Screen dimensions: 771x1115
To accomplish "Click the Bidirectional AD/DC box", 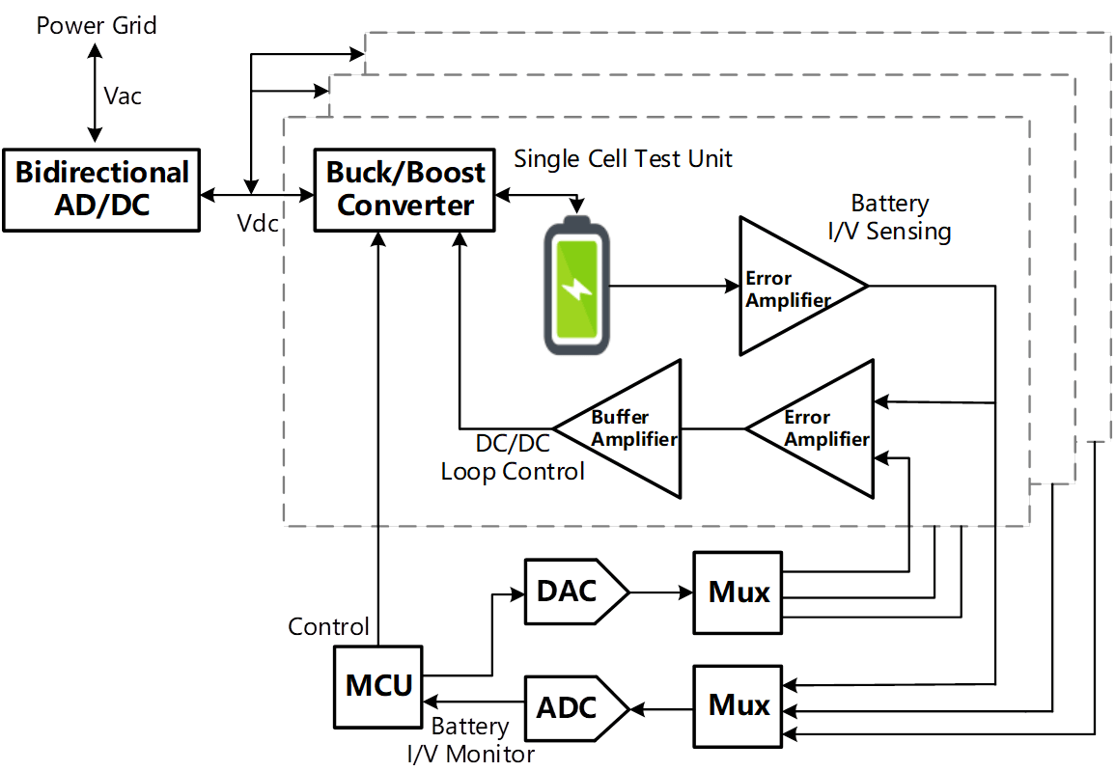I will coord(101,189).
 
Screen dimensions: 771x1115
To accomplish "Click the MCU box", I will coord(378,686).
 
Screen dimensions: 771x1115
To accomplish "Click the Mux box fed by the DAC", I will coord(739,592).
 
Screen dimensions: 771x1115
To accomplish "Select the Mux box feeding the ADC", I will coord(739,705).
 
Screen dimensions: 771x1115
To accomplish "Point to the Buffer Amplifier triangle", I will coord(627,428).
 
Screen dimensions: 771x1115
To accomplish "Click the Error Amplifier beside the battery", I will coord(792,288).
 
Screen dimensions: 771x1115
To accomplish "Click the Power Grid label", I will coord(97,24).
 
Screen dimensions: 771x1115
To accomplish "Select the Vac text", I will coord(124,96).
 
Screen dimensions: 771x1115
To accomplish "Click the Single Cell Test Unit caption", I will coord(623,158).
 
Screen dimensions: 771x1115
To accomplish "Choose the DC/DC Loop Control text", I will coord(513,458).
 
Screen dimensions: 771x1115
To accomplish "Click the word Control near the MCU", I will coord(328,627).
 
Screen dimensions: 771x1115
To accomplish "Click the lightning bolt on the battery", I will coord(576,289).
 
